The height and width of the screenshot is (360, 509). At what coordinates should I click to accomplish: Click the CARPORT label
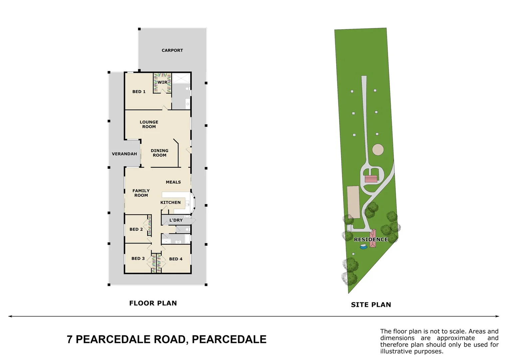pos(172,50)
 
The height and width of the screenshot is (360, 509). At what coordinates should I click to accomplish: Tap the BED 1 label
pos(139,92)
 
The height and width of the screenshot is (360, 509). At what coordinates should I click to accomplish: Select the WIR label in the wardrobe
pos(163,82)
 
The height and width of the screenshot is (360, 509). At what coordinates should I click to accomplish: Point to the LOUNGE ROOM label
pos(149,124)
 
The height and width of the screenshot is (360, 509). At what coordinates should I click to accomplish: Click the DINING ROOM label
pos(160,153)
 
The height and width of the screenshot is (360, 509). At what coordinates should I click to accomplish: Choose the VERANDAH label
pos(124,154)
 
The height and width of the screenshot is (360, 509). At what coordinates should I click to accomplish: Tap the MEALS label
pos(173,182)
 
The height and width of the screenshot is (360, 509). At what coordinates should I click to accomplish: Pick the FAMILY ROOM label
pos(141,193)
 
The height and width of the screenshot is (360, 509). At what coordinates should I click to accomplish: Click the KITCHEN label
pos(171,202)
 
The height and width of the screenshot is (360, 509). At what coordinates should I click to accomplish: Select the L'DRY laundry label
pos(176,220)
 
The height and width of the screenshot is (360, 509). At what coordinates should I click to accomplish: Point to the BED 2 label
pos(136,229)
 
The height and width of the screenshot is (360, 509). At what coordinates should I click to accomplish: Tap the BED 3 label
pos(138,258)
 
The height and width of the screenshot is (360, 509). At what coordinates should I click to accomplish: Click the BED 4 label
pos(176,259)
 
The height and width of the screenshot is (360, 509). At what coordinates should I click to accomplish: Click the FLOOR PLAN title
pos(153,303)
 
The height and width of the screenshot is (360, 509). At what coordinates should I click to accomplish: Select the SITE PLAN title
pos(371,305)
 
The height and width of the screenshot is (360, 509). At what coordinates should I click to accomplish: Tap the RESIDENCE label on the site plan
pos(371,239)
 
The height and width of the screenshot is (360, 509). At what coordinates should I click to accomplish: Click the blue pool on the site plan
pos(363,247)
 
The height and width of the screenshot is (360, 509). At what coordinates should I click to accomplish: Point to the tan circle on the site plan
pos(378,149)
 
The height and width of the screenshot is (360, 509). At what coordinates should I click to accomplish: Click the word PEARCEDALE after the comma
pos(229,339)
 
